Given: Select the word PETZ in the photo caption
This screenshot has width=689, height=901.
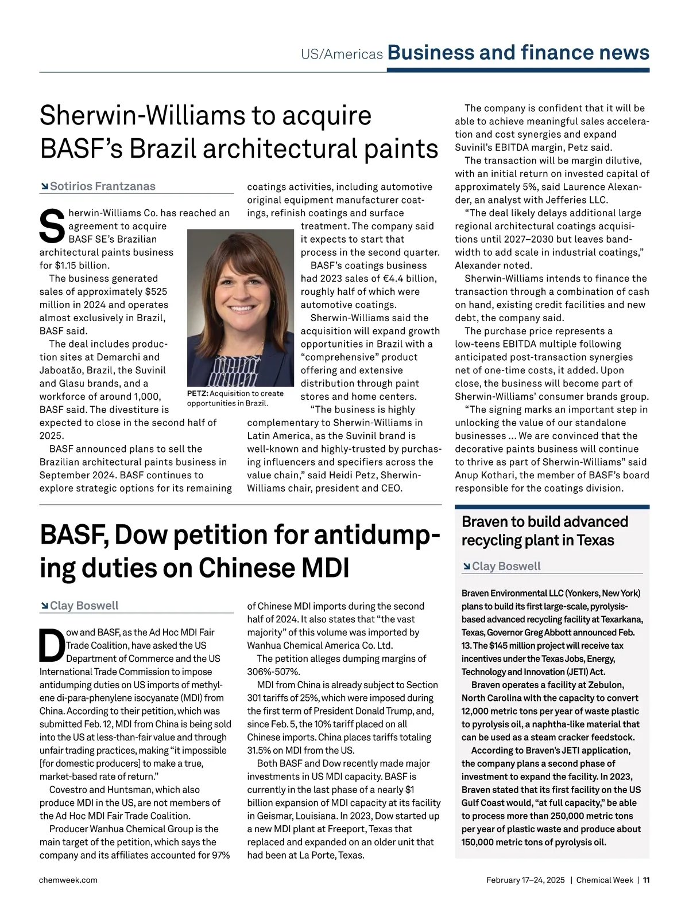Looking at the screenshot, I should coord(198,393).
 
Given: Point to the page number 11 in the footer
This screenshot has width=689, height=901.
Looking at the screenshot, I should coord(646,880).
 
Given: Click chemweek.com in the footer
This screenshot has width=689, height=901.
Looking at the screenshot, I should coord(68,880).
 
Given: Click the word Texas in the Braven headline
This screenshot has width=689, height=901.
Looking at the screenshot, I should coord(595,540).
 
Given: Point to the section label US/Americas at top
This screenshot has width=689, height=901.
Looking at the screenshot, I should coord(342,54).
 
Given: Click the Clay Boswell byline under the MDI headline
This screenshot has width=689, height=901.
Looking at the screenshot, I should coord(84,606).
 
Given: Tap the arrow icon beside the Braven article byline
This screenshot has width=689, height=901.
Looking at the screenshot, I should coord(466,567).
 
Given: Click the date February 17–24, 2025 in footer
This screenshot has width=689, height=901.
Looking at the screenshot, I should coord(525,880).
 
